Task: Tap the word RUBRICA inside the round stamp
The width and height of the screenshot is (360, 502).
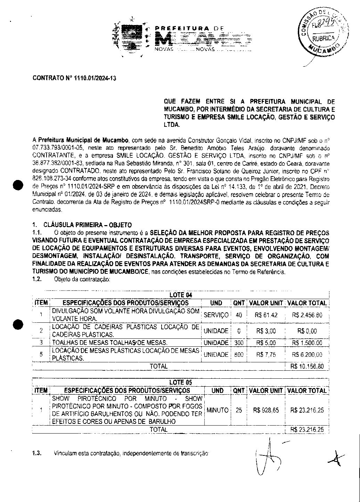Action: (323, 39)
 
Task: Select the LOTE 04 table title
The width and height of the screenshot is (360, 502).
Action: (181, 295)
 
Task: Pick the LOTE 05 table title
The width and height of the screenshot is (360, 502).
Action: (181, 382)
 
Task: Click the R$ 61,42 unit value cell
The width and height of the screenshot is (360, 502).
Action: (266, 315)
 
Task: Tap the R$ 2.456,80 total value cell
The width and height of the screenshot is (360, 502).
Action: (307, 315)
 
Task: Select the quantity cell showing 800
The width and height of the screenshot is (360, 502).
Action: (239, 355)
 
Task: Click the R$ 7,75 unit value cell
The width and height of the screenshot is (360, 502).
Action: (266, 355)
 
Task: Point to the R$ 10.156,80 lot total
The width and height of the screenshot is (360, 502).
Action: (307, 367)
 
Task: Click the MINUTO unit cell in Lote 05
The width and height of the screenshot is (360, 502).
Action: (218, 410)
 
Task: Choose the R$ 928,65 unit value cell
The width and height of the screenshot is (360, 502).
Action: (266, 410)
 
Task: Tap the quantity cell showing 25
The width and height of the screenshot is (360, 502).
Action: (239, 410)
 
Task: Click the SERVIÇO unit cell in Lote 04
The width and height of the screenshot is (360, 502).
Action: (216, 315)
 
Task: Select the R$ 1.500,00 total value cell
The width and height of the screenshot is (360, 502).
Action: (307, 343)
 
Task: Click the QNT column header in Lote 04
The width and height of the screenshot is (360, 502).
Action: (239, 303)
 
